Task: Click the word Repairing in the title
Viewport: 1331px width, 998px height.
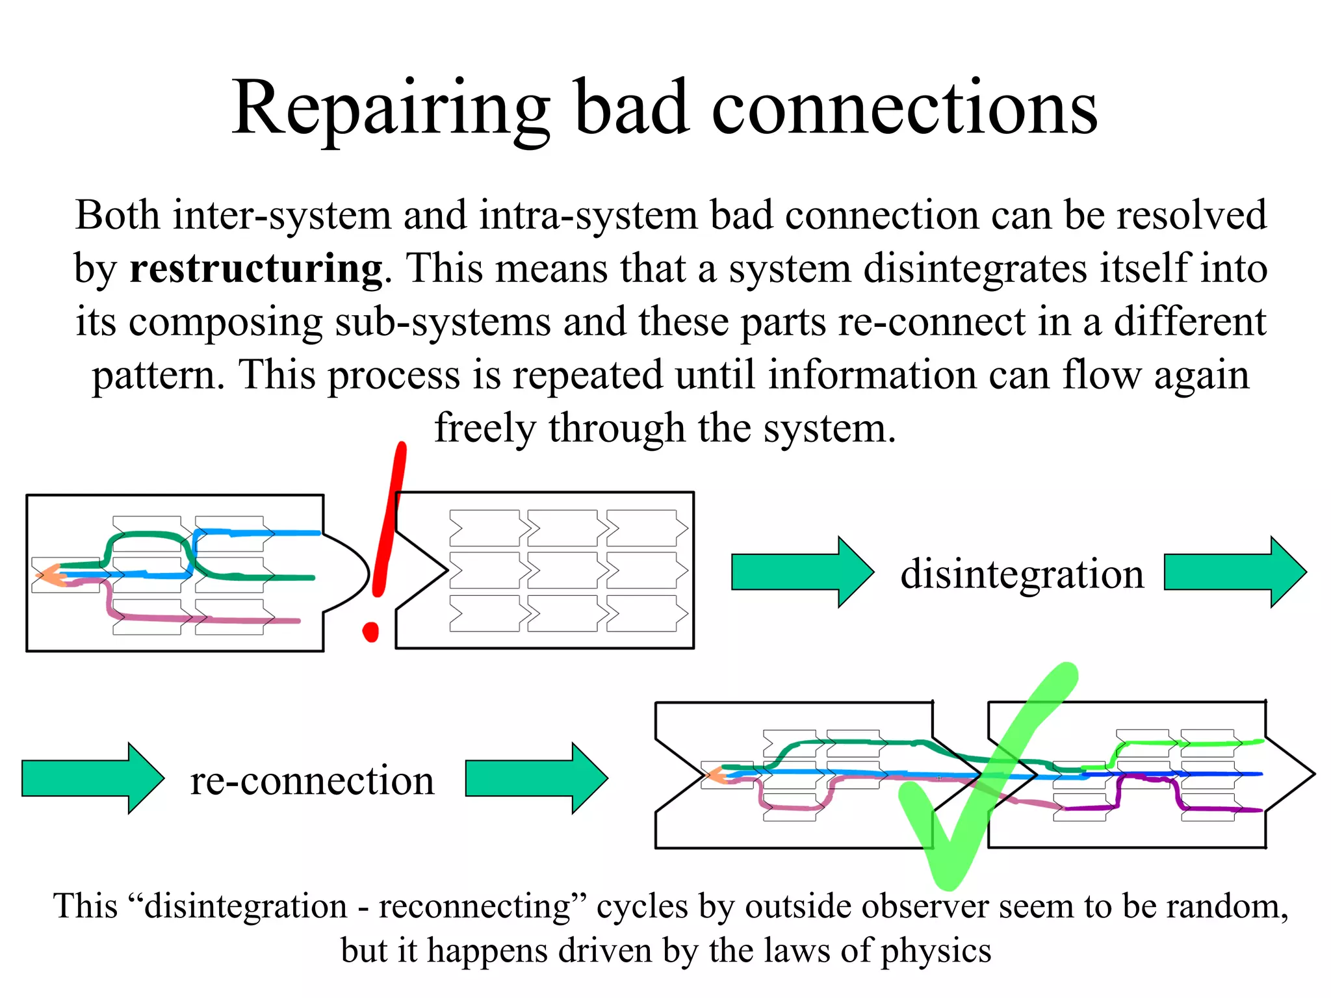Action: pyautogui.click(x=390, y=109)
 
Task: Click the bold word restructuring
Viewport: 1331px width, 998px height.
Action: pyautogui.click(x=255, y=268)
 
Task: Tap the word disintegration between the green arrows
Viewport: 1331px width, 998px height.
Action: pyautogui.click(x=1022, y=574)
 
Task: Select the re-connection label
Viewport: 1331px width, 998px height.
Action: pyautogui.click(x=312, y=780)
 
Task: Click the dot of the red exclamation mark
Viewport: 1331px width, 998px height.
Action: pyautogui.click(x=370, y=631)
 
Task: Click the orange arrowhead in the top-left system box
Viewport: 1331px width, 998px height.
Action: pyautogui.click(x=49, y=576)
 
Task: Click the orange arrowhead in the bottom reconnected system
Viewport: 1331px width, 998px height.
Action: pyautogui.click(x=715, y=775)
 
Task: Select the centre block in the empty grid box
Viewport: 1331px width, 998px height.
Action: pyautogui.click(x=563, y=570)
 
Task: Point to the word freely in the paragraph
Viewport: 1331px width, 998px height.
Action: pyautogui.click(x=485, y=428)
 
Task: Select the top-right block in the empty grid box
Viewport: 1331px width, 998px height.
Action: pyautogui.click(x=646, y=528)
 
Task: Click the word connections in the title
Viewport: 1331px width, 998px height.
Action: pyautogui.click(x=904, y=109)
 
